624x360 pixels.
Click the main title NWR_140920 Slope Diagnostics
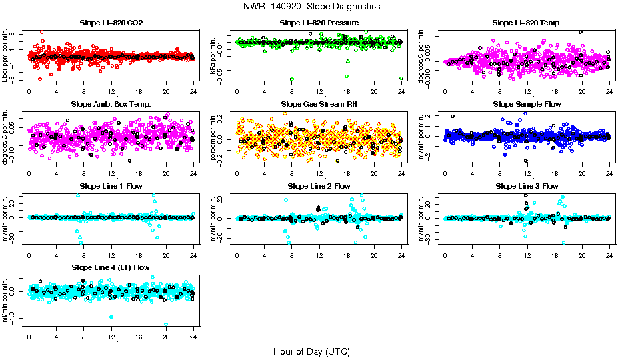pyautogui.click(x=312, y=6)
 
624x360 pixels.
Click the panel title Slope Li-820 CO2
pyautogui.click(x=111, y=23)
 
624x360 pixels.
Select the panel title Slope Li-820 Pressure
pyautogui.click(x=319, y=23)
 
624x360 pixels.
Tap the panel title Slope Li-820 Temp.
pyautogui.click(x=527, y=23)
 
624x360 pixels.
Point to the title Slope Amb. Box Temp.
pyautogui.click(x=111, y=104)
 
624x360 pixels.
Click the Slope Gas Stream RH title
pyautogui.click(x=319, y=104)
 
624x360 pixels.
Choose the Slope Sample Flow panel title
pyautogui.click(x=527, y=104)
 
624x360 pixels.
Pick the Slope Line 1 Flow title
pyautogui.click(x=111, y=186)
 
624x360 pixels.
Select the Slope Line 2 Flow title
pyautogui.click(x=319, y=186)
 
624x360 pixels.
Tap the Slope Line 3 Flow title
pyautogui.click(x=527, y=186)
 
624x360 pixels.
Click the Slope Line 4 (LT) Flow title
pyautogui.click(x=111, y=267)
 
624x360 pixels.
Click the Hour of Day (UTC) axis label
pyautogui.click(x=311, y=351)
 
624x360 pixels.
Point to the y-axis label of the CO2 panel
pyautogui.click(x=6, y=56)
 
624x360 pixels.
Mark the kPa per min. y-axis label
pyautogui.click(x=214, y=56)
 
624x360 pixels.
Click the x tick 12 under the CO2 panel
pyautogui.click(x=111, y=91)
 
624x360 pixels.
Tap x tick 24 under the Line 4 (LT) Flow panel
pyautogui.click(x=193, y=337)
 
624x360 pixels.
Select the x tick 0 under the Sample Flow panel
pyautogui.click(x=445, y=173)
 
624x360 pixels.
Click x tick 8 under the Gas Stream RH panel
pyautogui.click(x=292, y=173)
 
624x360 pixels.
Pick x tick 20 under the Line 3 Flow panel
pyautogui.click(x=582, y=255)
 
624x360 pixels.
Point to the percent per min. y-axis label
pyautogui.click(x=214, y=137)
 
